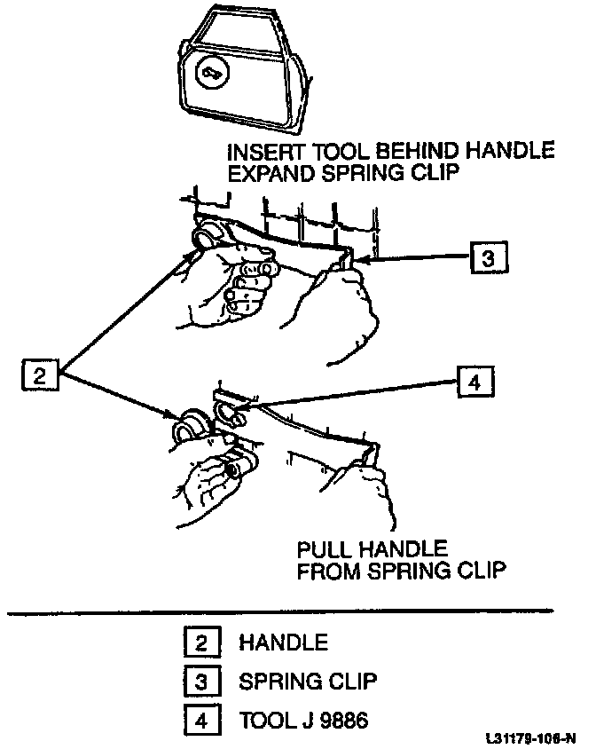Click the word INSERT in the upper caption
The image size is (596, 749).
[263, 152]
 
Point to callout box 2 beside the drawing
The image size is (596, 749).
[39, 375]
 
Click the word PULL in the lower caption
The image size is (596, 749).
[324, 548]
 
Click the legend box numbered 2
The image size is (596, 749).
[200, 642]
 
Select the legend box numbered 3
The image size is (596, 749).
[200, 682]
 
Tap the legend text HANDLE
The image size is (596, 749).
[283, 642]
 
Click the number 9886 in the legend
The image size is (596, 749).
[341, 721]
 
